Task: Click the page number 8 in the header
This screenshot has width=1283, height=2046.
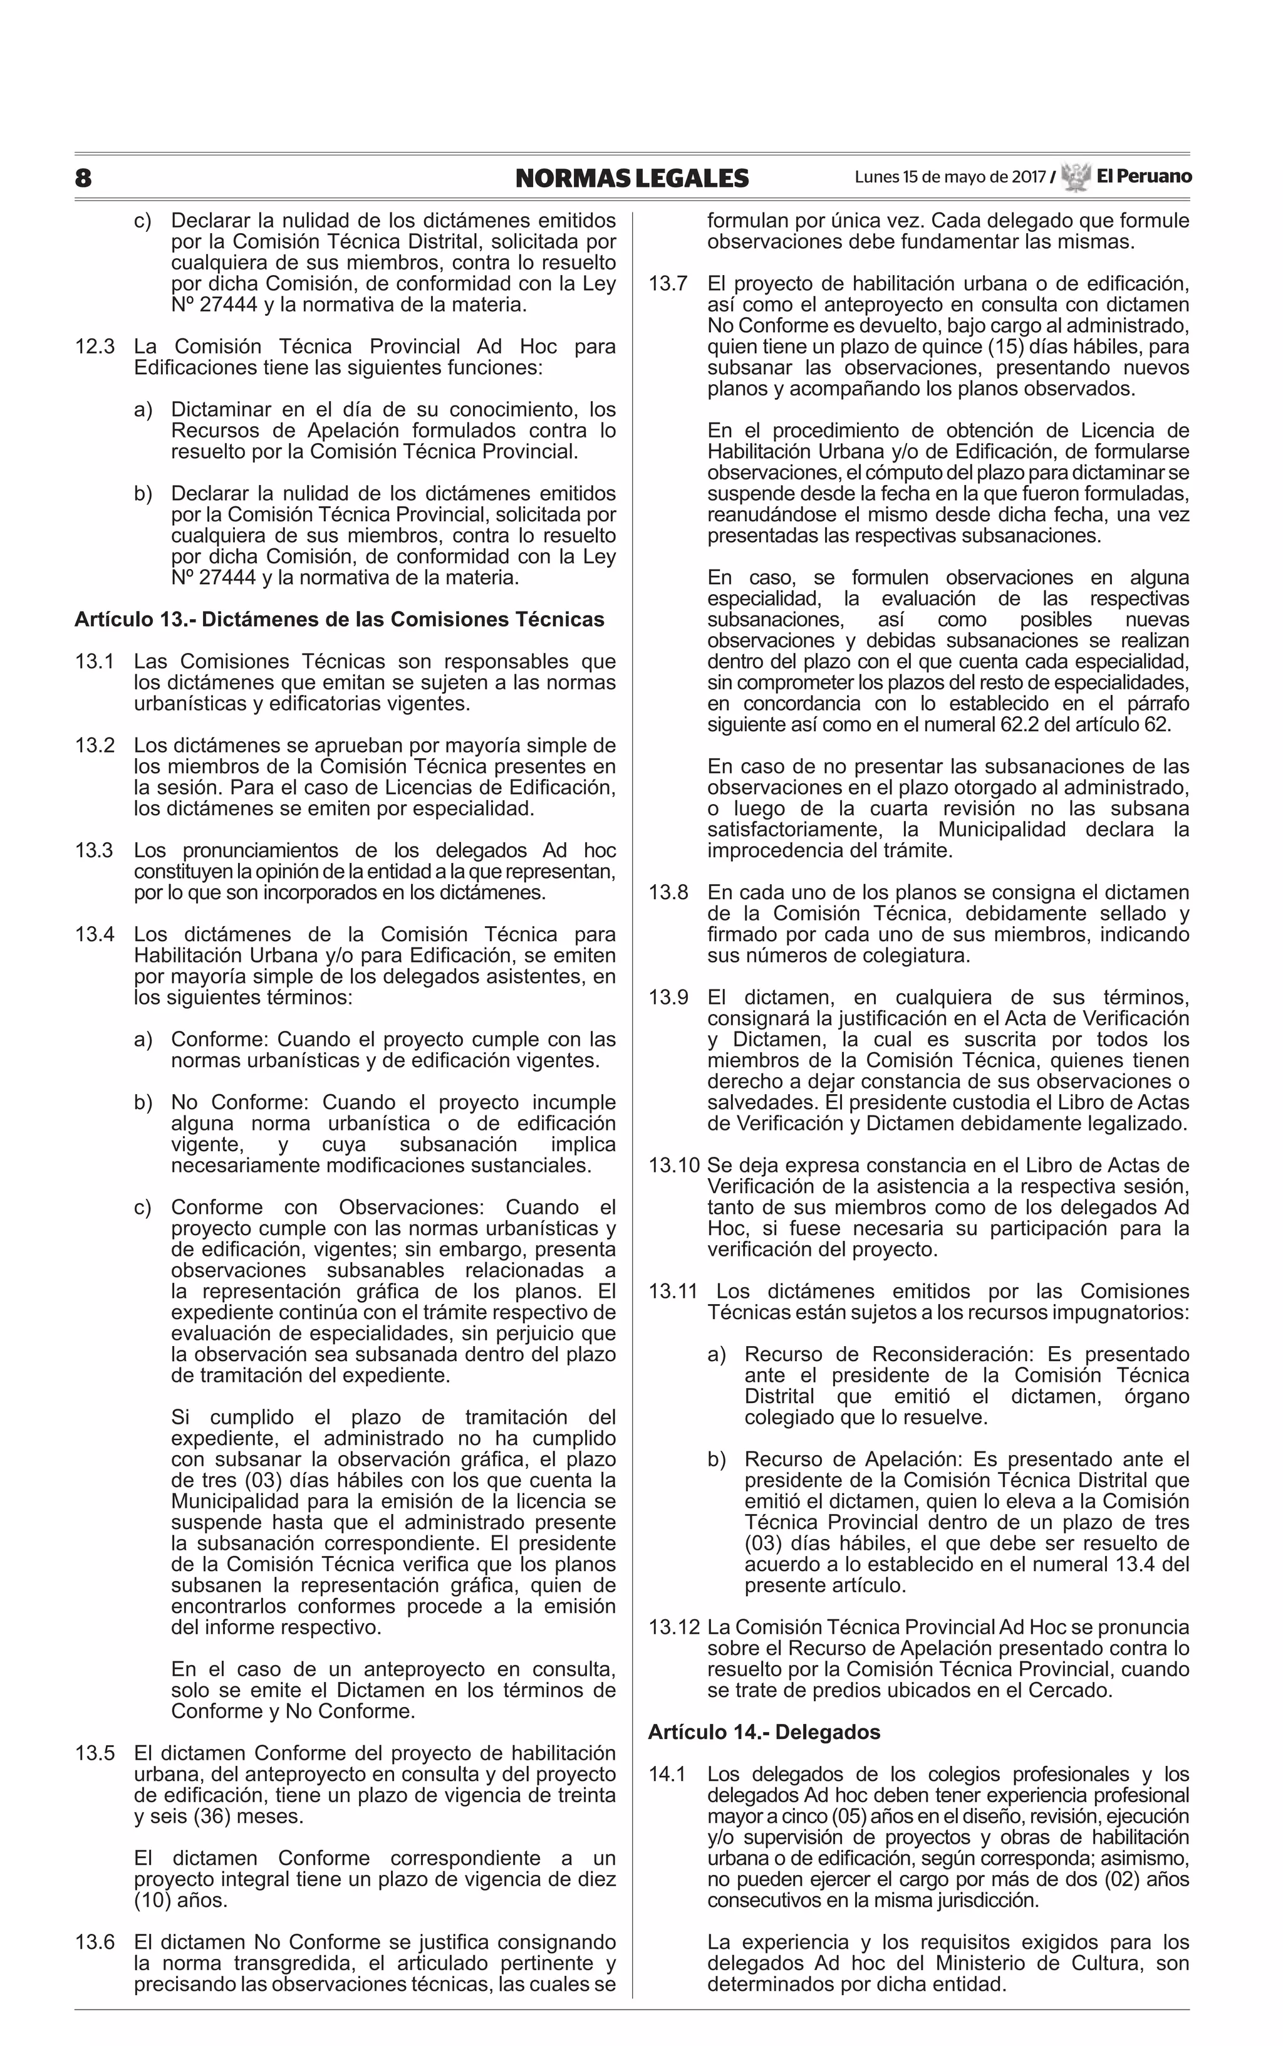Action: click(83, 178)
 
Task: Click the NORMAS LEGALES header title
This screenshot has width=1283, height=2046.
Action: click(631, 178)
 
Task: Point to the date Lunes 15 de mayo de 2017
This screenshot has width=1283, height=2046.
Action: click(950, 177)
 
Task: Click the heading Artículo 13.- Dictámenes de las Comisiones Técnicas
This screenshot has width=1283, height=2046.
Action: click(340, 620)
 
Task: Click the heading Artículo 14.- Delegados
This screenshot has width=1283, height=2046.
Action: click(764, 1732)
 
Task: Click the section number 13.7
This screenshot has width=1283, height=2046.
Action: click(668, 283)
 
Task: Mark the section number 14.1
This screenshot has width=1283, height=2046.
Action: click(668, 1773)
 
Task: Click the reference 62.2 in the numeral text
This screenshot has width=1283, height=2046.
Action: click(1052, 724)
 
